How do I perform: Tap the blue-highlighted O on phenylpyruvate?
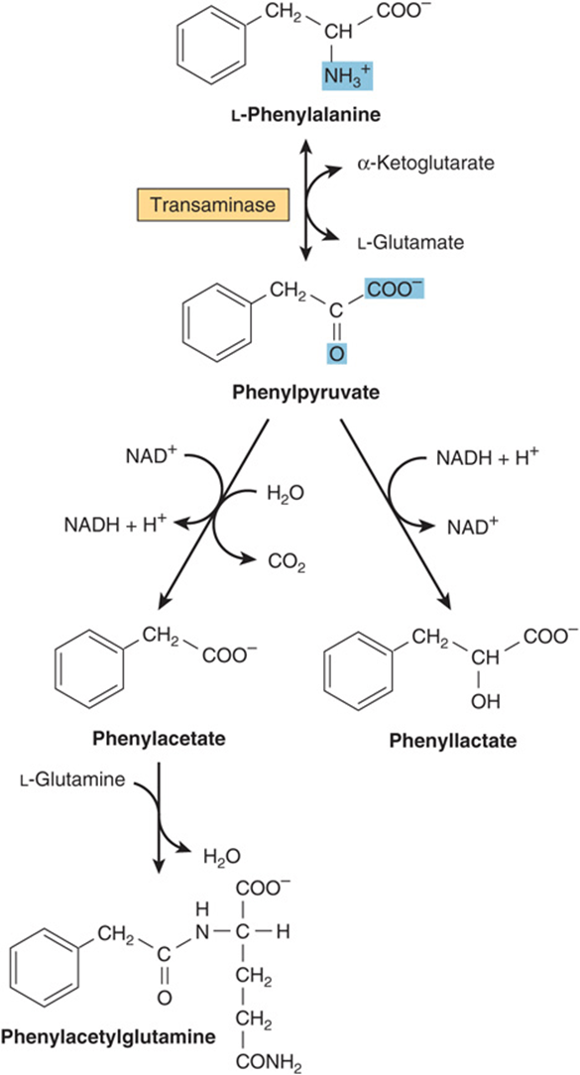(334, 353)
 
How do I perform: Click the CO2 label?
(287, 563)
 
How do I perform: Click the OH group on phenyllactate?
(486, 701)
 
